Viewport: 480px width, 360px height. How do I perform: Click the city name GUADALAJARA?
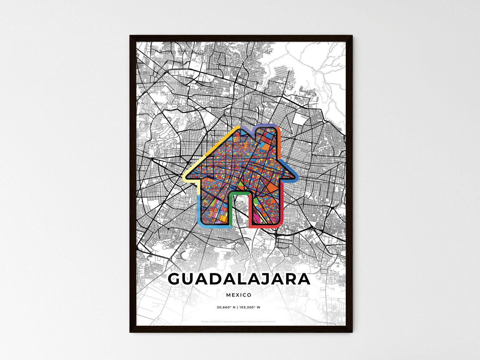(x=239, y=279)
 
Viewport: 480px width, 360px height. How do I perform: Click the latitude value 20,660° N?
(x=226, y=308)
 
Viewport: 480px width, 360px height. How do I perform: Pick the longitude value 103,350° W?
(x=250, y=308)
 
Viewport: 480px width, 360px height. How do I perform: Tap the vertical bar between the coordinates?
(x=237, y=308)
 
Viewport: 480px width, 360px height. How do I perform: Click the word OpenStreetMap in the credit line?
(x=258, y=321)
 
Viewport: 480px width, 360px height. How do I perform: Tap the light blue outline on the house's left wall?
(x=199, y=209)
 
